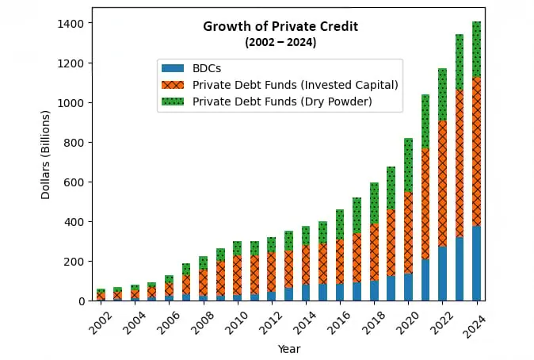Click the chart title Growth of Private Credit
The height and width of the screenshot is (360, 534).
pyautogui.click(x=280, y=26)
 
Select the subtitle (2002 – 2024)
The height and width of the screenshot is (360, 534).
pyautogui.click(x=280, y=42)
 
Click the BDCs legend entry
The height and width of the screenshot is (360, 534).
pyautogui.click(x=208, y=69)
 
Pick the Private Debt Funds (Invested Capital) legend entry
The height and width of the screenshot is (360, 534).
pyautogui.click(x=295, y=85)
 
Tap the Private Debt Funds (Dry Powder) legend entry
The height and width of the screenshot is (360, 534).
pyautogui.click(x=281, y=101)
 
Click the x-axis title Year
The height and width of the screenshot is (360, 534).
pyautogui.click(x=288, y=348)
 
